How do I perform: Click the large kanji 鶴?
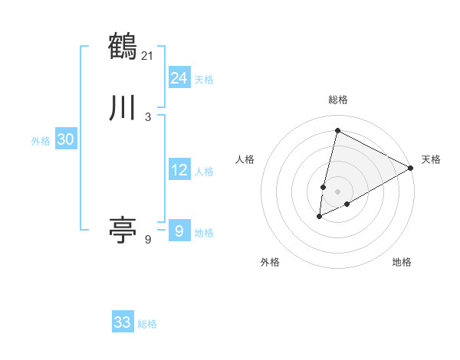[x=123, y=47]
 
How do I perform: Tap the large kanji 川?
[x=123, y=108]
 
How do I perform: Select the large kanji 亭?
[x=123, y=229]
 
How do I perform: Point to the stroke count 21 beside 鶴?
[x=148, y=55]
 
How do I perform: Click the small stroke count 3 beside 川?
[x=148, y=117]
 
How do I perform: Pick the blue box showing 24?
[x=179, y=78]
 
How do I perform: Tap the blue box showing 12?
[x=179, y=170]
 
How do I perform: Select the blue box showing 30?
[x=66, y=139]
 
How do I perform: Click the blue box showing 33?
[x=123, y=322]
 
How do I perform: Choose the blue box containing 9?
[x=179, y=231]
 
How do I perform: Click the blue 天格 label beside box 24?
[x=204, y=80]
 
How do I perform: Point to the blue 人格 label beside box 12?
[x=204, y=172]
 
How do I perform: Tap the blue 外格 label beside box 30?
[x=41, y=141]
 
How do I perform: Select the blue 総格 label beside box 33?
[x=147, y=324]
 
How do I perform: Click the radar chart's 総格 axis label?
[x=338, y=100]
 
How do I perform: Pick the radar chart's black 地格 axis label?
[x=402, y=262]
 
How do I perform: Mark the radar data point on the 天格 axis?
[x=411, y=168]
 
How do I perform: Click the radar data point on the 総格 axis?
[x=337, y=129]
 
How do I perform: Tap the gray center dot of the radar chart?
[x=337, y=191]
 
